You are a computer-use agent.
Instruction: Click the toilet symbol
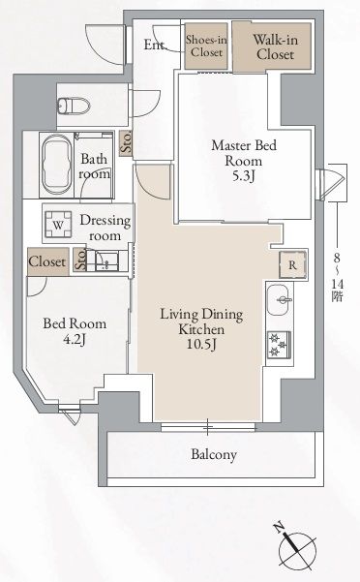click(75, 105)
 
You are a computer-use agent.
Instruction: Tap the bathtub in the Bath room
click(57, 165)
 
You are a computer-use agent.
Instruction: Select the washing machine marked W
click(58, 225)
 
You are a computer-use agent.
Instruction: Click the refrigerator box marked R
click(292, 265)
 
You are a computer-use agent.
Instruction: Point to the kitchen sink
click(280, 300)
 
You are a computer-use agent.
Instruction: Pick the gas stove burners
click(279, 345)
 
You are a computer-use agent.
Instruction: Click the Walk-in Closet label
click(275, 47)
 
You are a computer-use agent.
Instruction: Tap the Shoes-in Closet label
click(206, 46)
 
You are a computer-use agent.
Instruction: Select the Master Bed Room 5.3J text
click(244, 161)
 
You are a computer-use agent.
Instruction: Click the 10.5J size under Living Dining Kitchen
click(201, 345)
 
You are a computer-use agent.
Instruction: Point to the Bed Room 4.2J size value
click(75, 339)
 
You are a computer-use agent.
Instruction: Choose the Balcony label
click(214, 454)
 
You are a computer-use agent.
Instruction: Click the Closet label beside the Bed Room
click(47, 261)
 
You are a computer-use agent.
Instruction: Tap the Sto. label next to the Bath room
click(127, 143)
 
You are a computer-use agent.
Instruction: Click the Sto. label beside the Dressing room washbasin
click(80, 259)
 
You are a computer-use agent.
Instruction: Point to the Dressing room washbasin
click(106, 260)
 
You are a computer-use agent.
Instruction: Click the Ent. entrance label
click(154, 45)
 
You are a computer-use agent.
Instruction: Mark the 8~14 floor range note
click(338, 278)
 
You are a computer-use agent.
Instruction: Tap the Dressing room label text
click(105, 228)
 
